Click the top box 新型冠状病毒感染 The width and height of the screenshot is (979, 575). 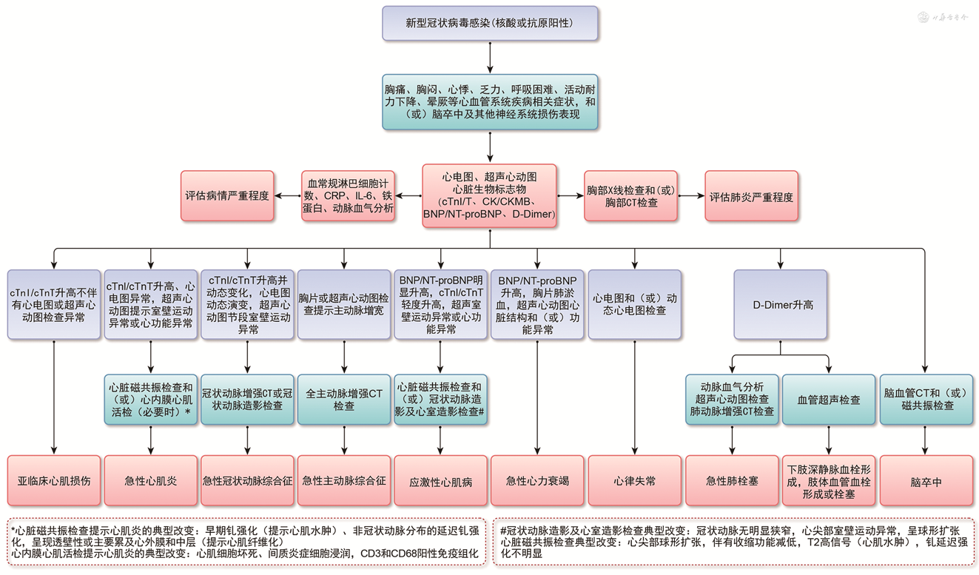click(x=490, y=24)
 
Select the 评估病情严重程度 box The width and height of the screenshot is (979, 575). click(x=226, y=196)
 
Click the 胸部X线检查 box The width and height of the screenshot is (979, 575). click(x=630, y=196)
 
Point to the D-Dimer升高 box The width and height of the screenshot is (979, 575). click(x=781, y=304)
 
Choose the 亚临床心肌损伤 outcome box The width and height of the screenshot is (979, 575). click(x=54, y=480)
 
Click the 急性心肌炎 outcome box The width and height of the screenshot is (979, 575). click(x=151, y=480)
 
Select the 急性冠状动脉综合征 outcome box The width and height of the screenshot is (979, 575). click(x=247, y=480)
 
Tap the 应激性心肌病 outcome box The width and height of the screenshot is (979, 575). click(x=441, y=480)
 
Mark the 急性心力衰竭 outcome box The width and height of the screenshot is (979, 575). click(x=537, y=480)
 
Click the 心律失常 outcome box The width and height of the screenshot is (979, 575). click(x=634, y=480)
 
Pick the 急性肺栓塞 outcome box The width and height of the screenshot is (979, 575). click(x=732, y=480)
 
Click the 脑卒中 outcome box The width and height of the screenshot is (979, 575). click(x=926, y=480)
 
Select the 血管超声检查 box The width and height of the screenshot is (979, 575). click(x=829, y=400)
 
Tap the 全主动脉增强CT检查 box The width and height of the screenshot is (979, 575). click(x=344, y=400)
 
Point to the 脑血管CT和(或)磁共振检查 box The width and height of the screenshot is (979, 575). click(x=926, y=400)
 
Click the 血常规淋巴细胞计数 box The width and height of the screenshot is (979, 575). click(x=348, y=196)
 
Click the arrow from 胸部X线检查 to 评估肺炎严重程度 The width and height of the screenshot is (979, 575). click(x=690, y=196)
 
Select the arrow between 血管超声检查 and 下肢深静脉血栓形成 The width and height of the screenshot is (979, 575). click(x=829, y=440)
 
